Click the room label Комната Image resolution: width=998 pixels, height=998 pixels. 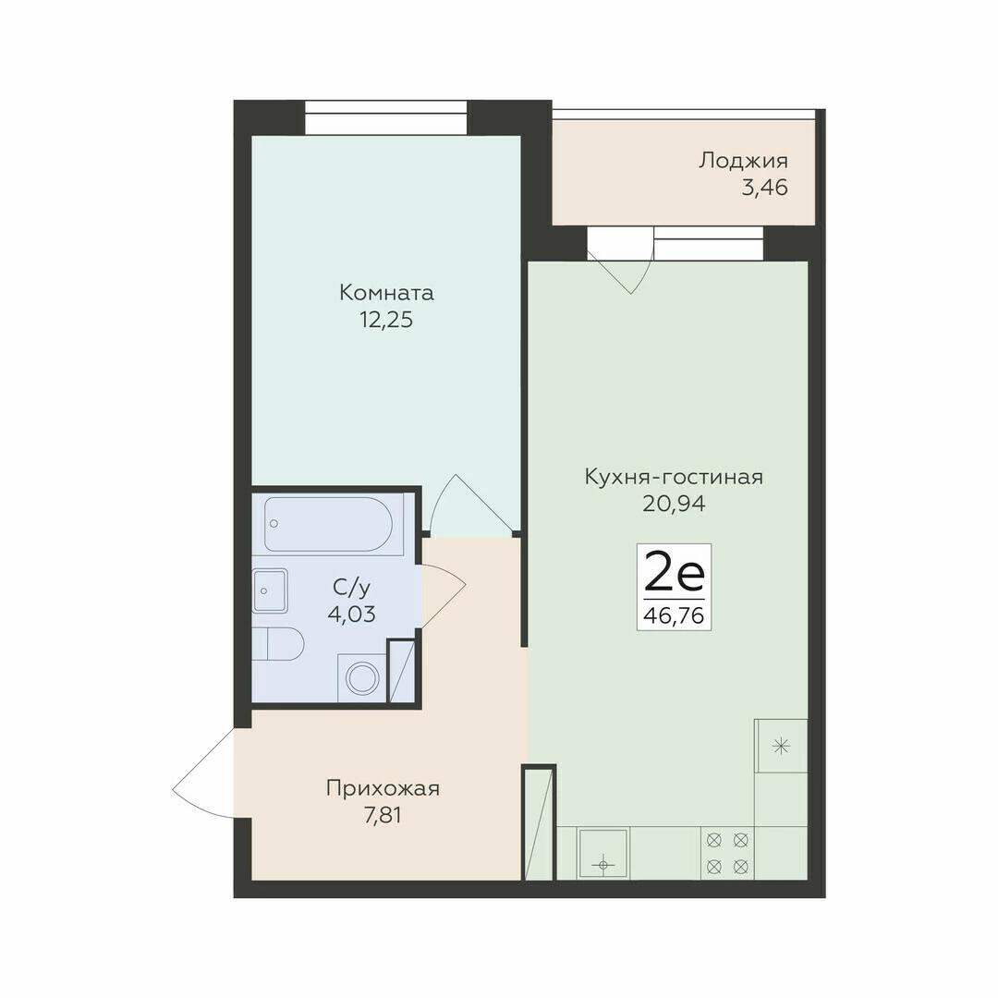(x=386, y=293)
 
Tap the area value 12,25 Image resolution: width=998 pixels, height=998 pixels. (x=386, y=320)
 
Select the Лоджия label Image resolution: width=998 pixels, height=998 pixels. (x=743, y=161)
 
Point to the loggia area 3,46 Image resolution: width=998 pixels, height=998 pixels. (x=765, y=188)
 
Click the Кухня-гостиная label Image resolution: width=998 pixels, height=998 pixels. (x=674, y=477)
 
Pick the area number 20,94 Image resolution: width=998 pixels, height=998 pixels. (x=674, y=505)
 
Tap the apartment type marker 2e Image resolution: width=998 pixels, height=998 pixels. (x=674, y=572)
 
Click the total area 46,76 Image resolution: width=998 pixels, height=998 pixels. (x=674, y=615)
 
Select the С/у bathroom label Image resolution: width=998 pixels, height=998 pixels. (x=351, y=588)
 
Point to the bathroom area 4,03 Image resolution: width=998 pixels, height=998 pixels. (x=351, y=615)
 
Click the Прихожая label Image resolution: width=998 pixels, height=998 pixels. (x=383, y=788)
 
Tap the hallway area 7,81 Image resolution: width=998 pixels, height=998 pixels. (x=383, y=815)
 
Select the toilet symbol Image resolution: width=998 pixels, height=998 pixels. (x=278, y=643)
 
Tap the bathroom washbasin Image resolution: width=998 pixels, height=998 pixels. (x=270, y=590)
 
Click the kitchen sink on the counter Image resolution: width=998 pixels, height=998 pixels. (x=602, y=854)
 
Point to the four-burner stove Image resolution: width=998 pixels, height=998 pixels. (x=727, y=854)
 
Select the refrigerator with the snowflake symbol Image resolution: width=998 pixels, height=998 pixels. (x=781, y=746)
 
